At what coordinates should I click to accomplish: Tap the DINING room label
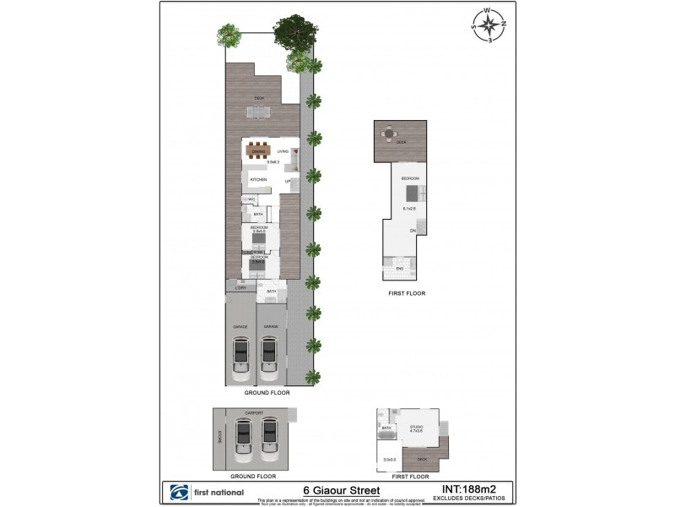[259, 152]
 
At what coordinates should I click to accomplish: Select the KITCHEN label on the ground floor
[258, 180]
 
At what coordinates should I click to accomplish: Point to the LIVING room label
[283, 152]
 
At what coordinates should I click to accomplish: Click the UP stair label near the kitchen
[287, 181]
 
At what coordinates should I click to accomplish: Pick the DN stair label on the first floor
[413, 230]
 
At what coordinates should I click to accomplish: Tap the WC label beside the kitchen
[251, 199]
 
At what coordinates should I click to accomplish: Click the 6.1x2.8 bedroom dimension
[409, 209]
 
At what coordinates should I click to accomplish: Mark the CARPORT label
[254, 413]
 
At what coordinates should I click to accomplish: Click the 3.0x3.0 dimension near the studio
[389, 460]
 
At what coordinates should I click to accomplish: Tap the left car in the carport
[242, 439]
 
